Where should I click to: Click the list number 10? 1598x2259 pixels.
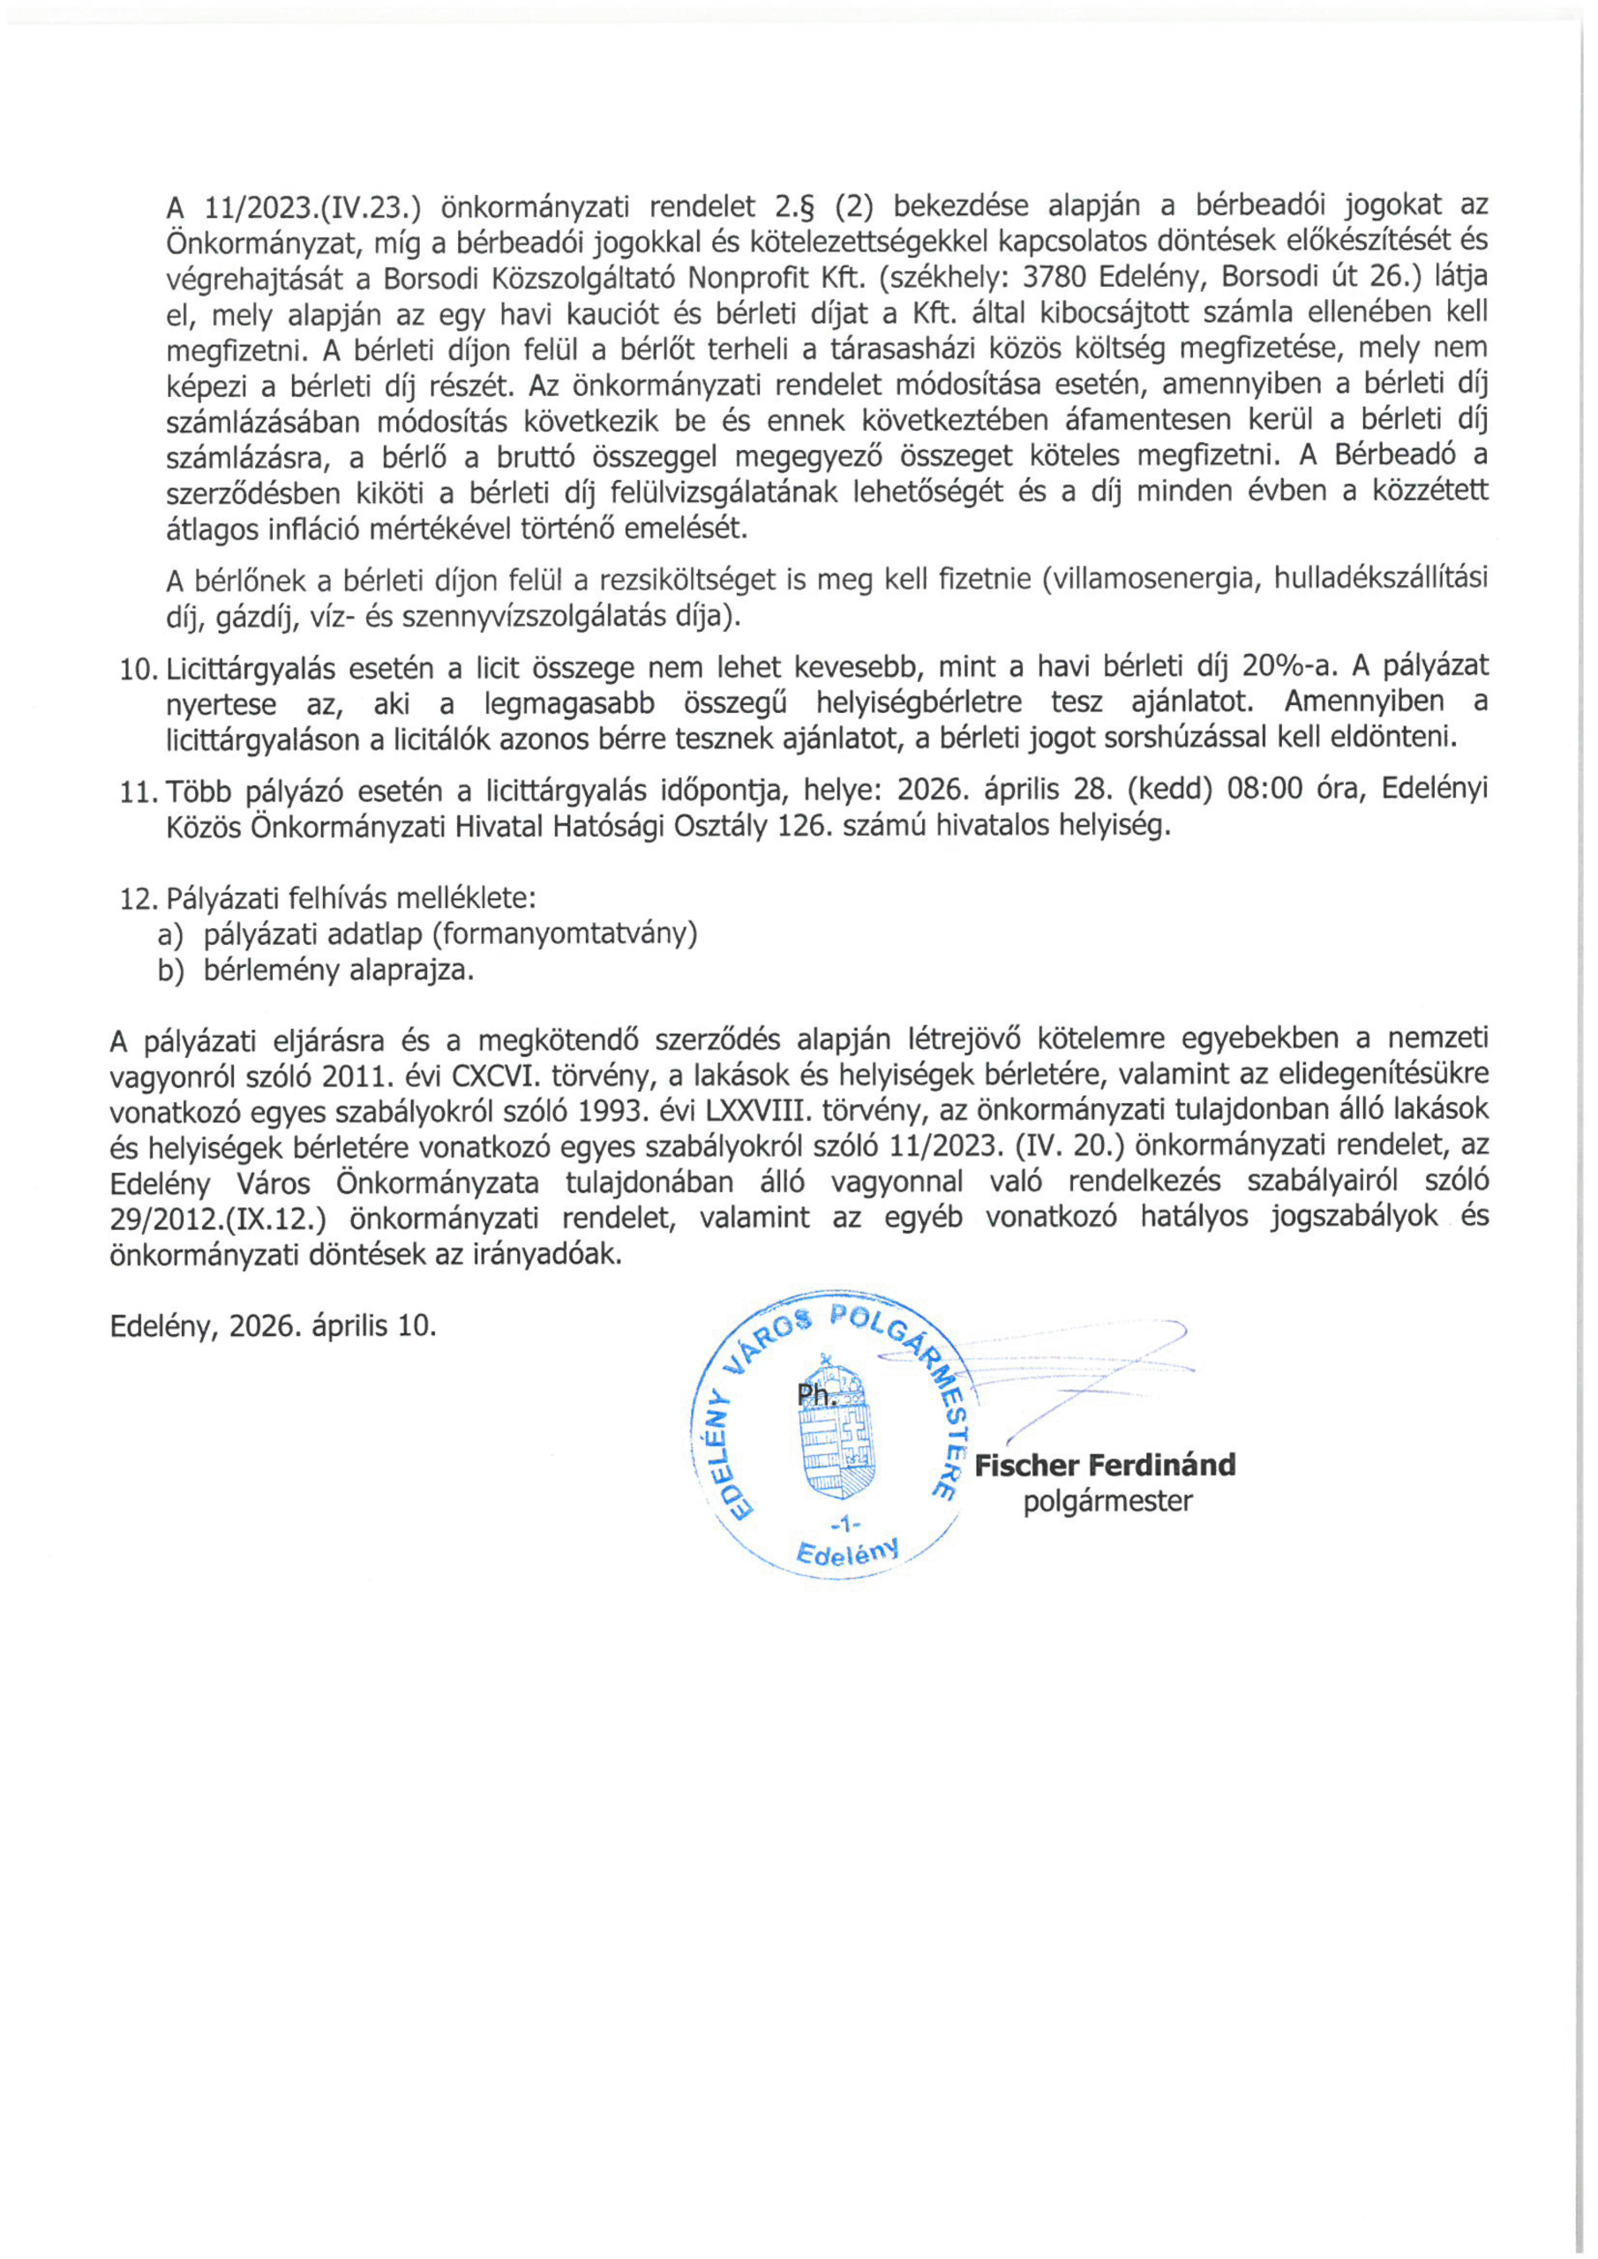pyautogui.click(x=138, y=669)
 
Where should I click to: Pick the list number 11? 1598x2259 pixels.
pyautogui.click(x=138, y=791)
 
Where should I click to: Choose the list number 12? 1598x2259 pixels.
pyautogui.click(x=138, y=899)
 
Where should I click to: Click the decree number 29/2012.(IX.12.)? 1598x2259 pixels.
pyautogui.click(x=219, y=1218)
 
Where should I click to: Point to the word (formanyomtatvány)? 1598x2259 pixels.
pyautogui.click(x=564, y=934)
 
